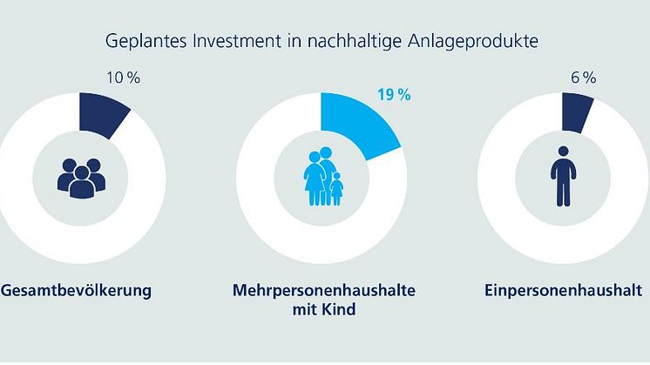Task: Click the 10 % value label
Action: coord(121,78)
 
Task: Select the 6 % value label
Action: coord(582,78)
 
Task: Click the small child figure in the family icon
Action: coord(336,189)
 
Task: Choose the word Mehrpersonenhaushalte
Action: coord(322,290)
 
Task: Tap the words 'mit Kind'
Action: coord(322,309)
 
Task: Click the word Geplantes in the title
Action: coord(138,41)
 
